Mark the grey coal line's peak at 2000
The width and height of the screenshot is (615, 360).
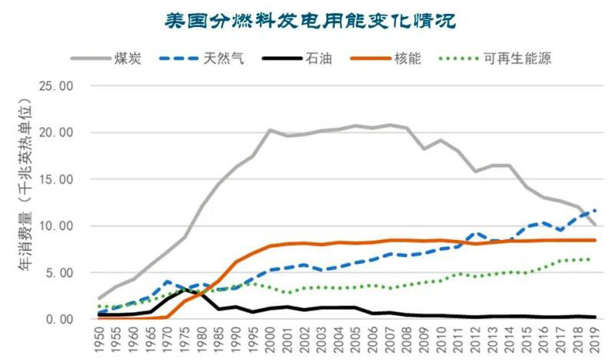click(x=271, y=130)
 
